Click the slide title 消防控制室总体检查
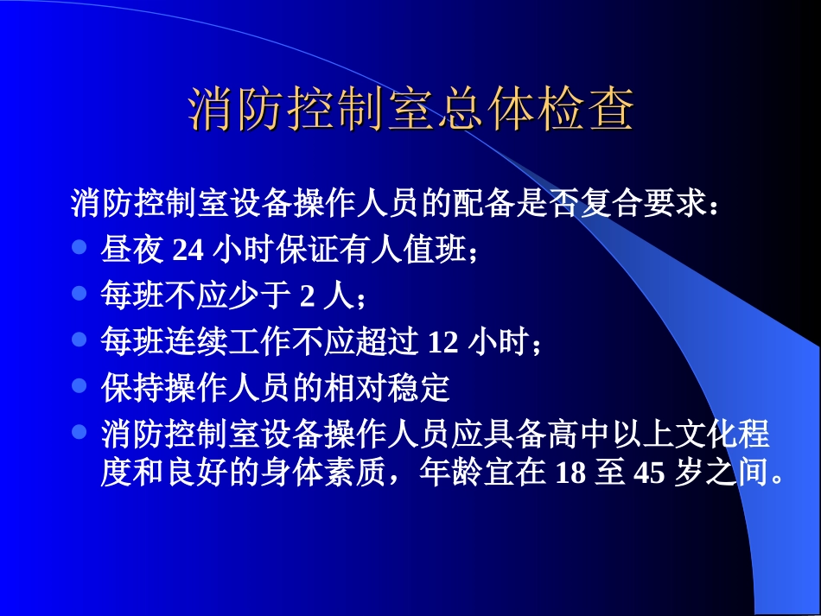[410, 110]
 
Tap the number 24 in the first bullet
[188, 250]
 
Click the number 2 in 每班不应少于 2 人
[306, 296]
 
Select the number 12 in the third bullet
[443, 342]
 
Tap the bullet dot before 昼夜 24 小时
[80, 247]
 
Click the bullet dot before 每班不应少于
[80, 294]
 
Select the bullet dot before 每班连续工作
[80, 340]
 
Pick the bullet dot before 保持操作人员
[80, 385]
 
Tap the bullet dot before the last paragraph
[80, 430]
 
